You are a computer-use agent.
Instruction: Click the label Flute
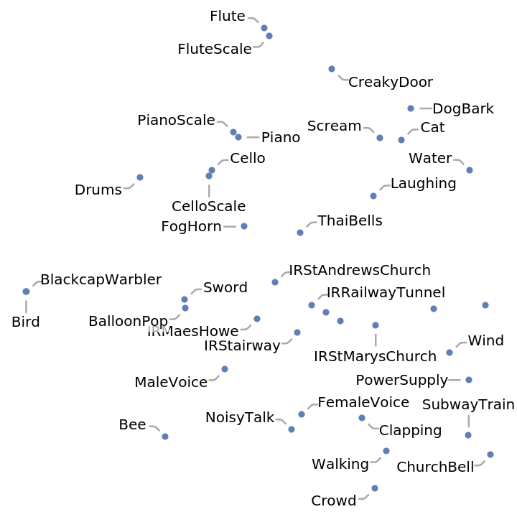[x=227, y=17]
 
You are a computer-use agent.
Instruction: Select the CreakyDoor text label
[x=390, y=83]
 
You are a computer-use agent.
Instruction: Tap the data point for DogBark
[x=411, y=108]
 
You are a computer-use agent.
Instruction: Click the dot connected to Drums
[x=140, y=177]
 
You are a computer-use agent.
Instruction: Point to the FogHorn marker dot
[x=244, y=226]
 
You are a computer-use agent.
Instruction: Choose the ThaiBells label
[x=350, y=221]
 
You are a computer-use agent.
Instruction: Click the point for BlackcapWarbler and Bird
[x=26, y=292]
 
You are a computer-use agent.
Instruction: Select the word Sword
[x=225, y=288]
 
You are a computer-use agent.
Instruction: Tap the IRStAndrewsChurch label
[x=359, y=271]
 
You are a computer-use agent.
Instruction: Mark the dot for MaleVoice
[x=225, y=369]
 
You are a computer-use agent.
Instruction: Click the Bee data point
[x=165, y=437]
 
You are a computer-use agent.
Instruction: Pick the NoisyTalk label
[x=240, y=417]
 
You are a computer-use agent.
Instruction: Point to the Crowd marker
[x=375, y=488]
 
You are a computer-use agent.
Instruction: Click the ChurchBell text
[x=435, y=467]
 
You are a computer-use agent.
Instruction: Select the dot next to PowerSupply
[x=469, y=380]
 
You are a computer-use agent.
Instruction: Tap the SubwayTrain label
[x=468, y=405]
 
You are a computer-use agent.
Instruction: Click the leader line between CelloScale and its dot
[x=209, y=190]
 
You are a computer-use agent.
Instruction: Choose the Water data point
[x=470, y=170]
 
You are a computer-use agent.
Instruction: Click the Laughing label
[x=423, y=184]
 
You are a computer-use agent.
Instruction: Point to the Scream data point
[x=380, y=138]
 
